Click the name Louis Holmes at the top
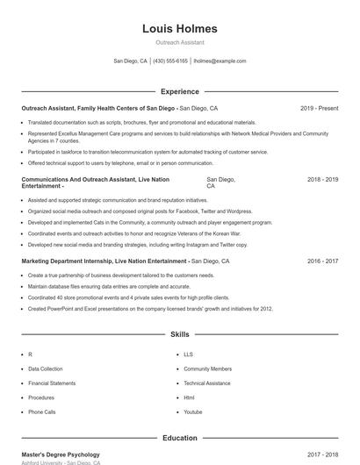179,29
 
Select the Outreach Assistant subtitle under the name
179,41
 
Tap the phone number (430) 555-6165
170,61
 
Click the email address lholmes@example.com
220,61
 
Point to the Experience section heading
179,91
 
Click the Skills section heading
179,334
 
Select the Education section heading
179,437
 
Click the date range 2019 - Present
319,108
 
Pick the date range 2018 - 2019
322,179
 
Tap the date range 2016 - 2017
322,261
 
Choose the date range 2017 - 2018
322,454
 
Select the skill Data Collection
46,369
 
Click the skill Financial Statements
52,383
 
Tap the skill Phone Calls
41,411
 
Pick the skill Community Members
207,369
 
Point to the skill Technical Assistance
207,383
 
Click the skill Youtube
193,411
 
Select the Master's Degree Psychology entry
61,454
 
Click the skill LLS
188,354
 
